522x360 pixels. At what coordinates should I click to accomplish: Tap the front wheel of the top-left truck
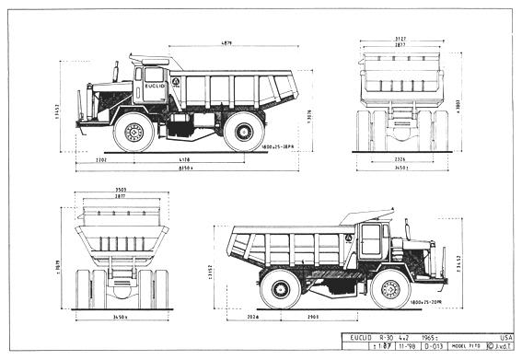133,132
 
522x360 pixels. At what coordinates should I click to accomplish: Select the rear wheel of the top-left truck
244,131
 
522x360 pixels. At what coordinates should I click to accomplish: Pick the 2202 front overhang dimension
101,159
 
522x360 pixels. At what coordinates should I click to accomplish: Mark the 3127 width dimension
400,39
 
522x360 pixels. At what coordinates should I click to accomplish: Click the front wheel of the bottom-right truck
390,287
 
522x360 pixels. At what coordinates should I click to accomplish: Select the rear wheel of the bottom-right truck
279,287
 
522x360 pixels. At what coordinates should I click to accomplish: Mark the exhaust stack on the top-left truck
117,71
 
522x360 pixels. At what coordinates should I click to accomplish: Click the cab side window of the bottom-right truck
371,240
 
